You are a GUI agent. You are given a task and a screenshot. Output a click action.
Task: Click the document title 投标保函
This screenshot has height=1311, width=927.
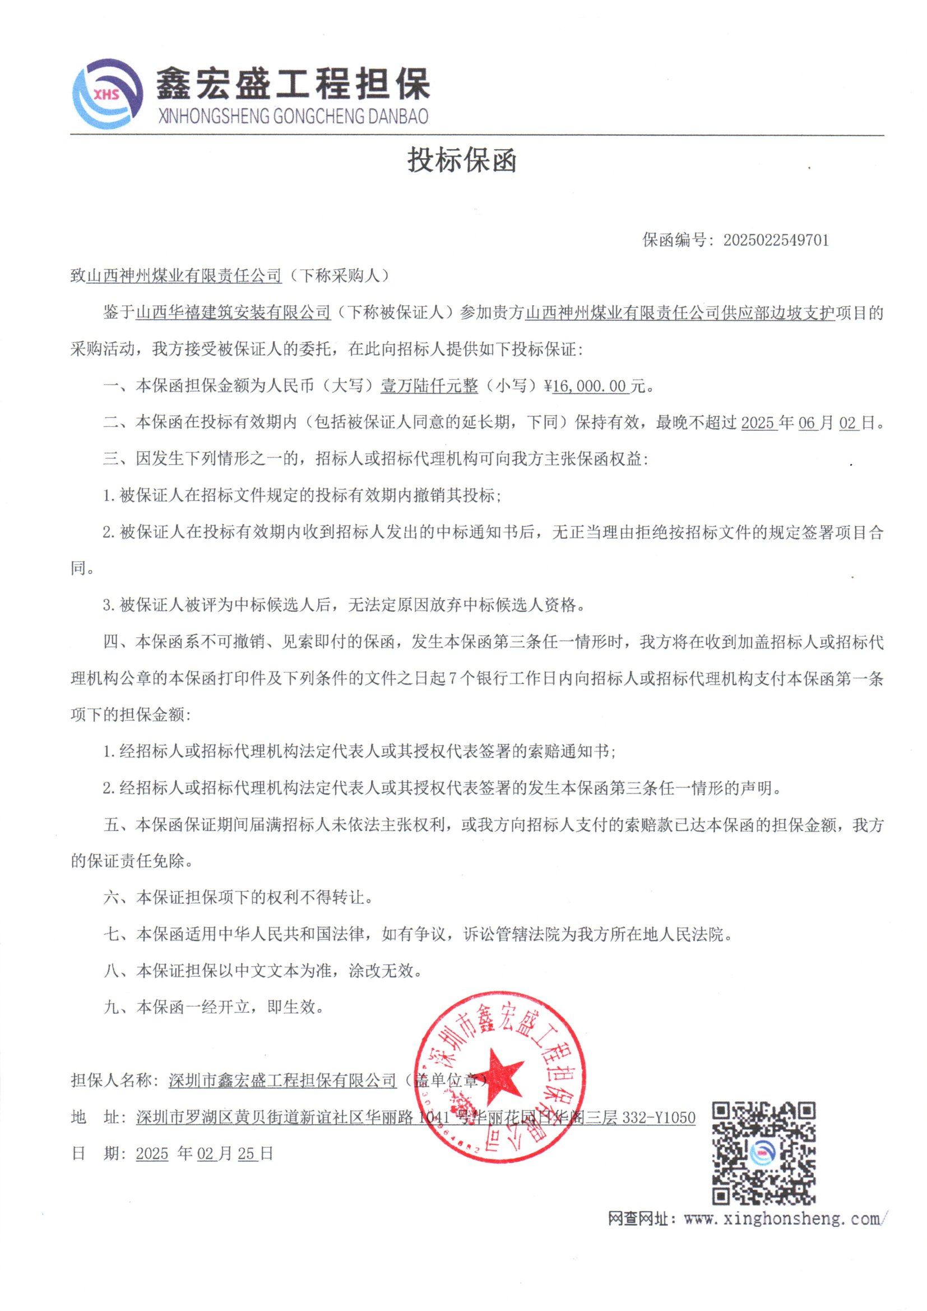coord(462,160)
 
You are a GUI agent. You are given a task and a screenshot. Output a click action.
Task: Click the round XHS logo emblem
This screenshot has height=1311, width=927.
coord(107,94)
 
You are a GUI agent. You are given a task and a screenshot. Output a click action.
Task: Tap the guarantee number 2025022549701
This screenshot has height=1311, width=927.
coord(776,240)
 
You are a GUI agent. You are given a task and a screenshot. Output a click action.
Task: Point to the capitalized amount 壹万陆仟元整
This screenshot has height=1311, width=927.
coord(429,386)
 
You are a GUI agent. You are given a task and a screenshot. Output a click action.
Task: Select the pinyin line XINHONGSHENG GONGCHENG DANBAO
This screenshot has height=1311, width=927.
coord(292,117)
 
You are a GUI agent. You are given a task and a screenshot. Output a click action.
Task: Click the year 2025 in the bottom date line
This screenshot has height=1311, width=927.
coord(152,1153)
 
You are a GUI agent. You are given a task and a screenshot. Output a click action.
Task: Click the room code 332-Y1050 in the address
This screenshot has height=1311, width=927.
coord(659,1117)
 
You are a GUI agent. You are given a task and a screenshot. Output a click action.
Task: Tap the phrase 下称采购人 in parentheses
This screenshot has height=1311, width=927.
coord(339,276)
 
